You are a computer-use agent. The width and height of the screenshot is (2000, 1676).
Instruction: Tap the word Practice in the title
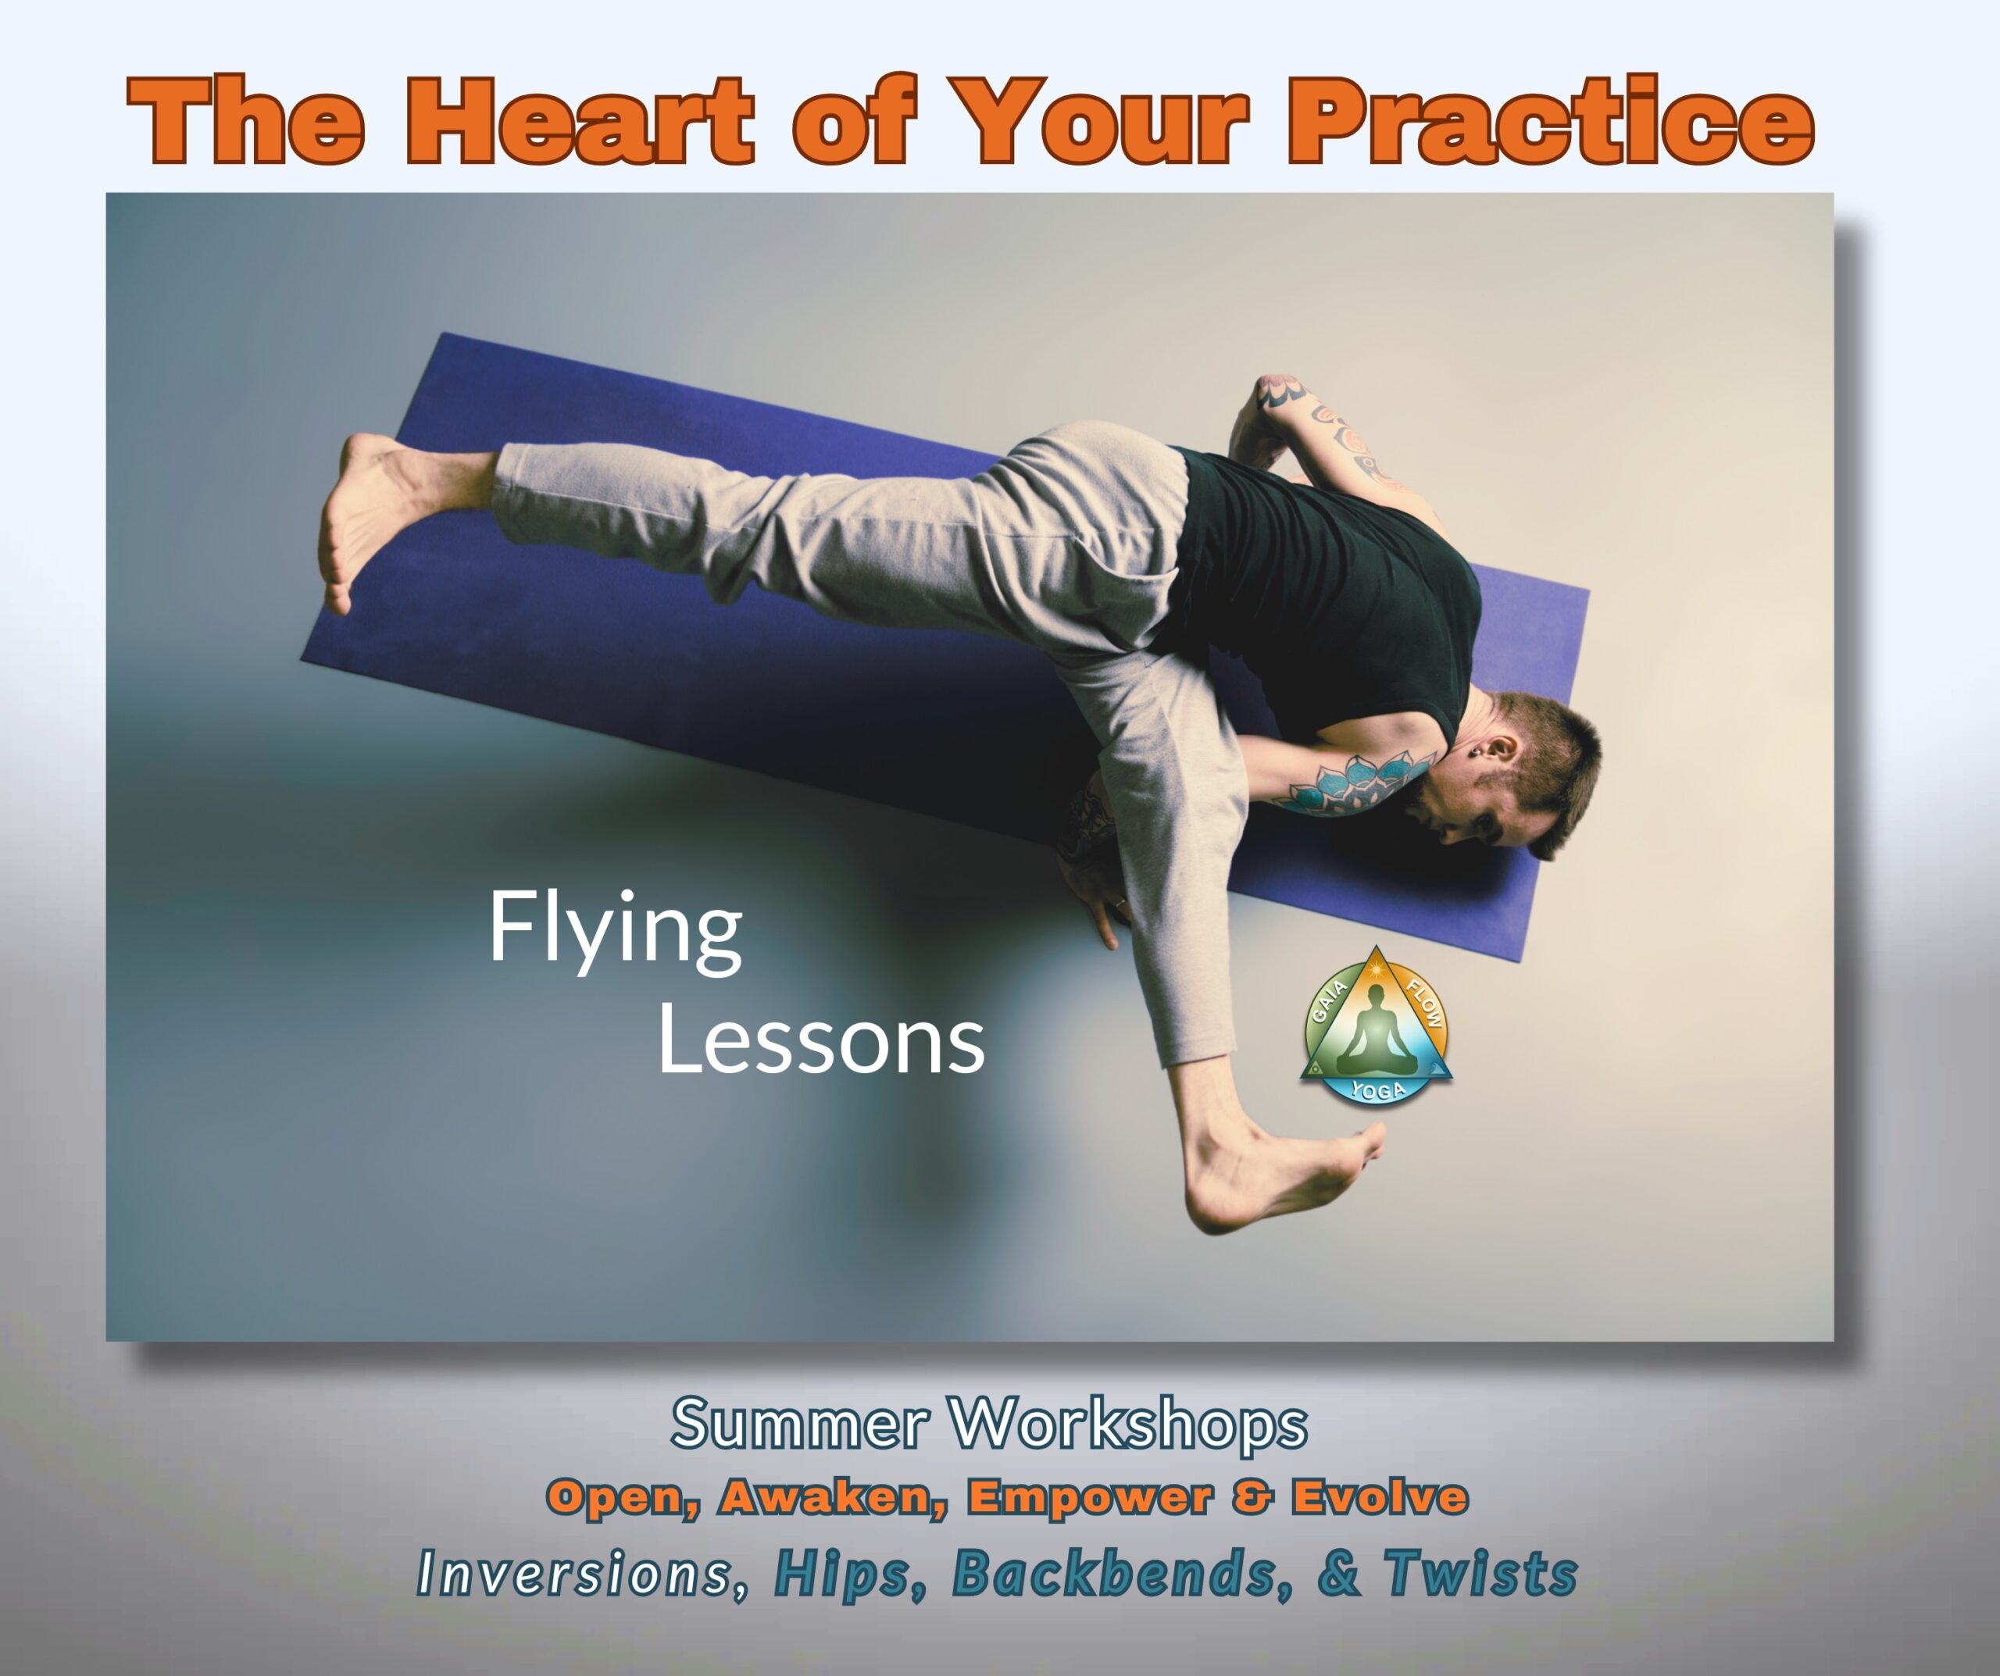pos(1551,121)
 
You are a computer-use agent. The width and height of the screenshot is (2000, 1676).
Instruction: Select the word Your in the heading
pos(1097,121)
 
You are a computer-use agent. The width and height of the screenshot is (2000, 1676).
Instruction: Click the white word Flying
pos(616,934)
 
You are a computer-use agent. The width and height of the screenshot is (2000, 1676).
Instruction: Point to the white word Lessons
pos(821,1039)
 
